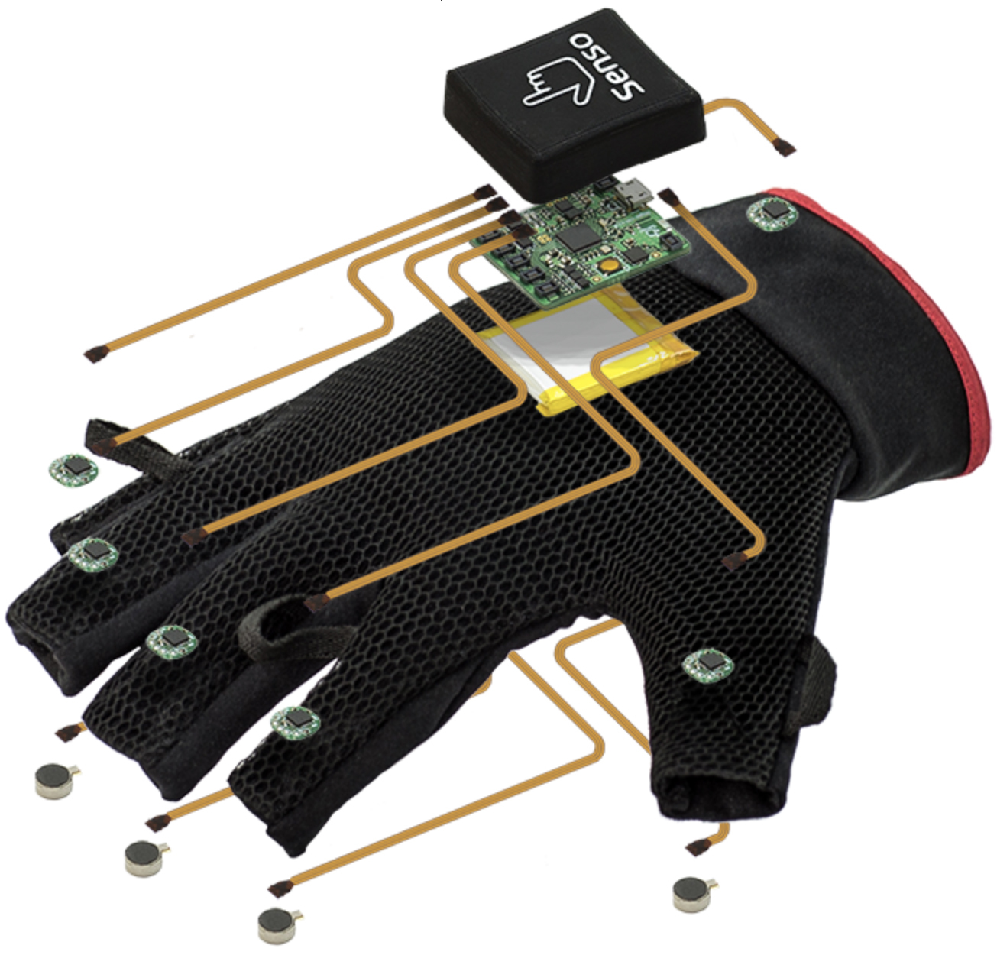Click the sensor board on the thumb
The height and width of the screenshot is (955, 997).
tap(707, 665)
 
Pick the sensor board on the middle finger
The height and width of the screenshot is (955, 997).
tap(171, 641)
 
